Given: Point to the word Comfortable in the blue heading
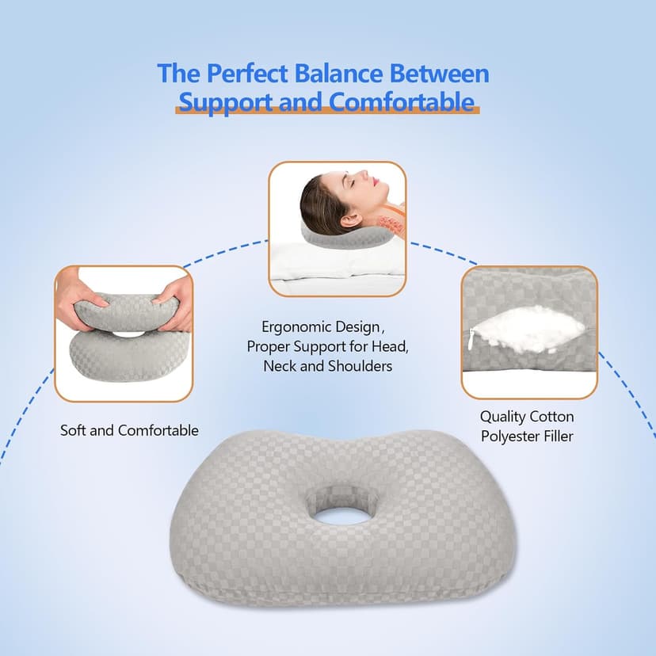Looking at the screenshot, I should [402, 102].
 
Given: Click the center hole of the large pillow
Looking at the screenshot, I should [334, 514].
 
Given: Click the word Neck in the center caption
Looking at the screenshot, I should [278, 366].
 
